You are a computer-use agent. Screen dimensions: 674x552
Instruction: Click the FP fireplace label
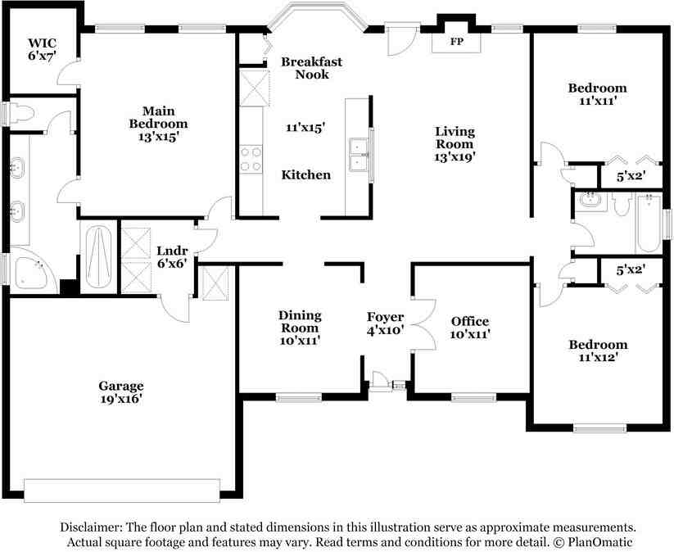[456, 42]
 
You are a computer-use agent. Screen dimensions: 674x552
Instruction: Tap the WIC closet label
[42, 43]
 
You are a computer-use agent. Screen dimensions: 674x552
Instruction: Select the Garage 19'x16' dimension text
[121, 399]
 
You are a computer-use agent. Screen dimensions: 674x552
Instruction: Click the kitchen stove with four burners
[251, 159]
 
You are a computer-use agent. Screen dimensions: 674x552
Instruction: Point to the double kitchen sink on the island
[359, 155]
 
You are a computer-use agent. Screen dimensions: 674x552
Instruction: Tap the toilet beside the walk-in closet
[21, 113]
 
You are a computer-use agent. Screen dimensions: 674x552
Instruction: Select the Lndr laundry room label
[172, 251]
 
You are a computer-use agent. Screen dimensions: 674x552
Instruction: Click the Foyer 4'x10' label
[385, 324]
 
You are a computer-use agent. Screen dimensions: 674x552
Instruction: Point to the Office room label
[470, 321]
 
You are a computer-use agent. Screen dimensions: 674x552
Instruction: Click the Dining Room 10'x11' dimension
[300, 341]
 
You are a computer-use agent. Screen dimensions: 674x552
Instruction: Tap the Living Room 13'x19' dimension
[455, 156]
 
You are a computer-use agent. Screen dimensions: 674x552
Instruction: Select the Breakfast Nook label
[312, 68]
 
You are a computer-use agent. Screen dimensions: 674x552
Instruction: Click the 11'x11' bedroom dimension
[598, 101]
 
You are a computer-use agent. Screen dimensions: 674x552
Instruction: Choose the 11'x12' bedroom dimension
[598, 357]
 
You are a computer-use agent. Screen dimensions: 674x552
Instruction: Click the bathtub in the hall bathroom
[649, 224]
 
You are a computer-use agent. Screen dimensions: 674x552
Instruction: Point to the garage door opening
[122, 491]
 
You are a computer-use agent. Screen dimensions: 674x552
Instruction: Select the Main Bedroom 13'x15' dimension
[159, 137]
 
